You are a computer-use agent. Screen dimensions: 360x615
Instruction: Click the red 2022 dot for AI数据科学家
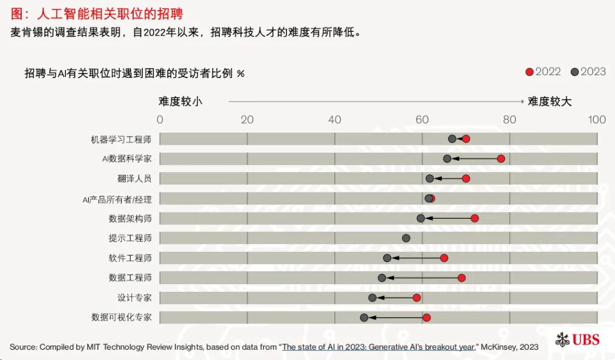coord(501,158)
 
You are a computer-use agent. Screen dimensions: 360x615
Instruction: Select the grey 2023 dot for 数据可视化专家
coord(364,317)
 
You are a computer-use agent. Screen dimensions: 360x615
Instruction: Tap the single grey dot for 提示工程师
coord(406,238)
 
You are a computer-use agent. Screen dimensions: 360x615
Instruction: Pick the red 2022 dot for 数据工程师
coord(461,278)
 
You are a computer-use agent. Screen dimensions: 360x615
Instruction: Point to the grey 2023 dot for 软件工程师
coord(387,258)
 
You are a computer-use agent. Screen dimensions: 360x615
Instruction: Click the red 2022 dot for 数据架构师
coord(474,218)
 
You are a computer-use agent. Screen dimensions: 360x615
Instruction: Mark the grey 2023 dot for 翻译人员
coord(430,178)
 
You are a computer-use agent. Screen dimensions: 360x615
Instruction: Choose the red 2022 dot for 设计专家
coord(417,297)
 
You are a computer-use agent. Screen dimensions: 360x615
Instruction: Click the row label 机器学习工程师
coord(121,139)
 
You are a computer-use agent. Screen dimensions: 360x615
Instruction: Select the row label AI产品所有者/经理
coord(117,199)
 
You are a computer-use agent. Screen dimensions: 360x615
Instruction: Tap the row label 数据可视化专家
coord(121,317)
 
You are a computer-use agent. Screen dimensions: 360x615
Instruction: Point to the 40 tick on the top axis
coord(335,120)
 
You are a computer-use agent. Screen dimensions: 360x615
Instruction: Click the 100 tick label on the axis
coord(597,120)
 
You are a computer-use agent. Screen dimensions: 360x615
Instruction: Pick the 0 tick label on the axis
coord(159,120)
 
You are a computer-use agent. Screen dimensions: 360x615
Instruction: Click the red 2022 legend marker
coord(530,72)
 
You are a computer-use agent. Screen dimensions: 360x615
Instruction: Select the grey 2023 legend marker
coord(575,72)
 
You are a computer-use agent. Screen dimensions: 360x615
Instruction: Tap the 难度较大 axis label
coord(550,101)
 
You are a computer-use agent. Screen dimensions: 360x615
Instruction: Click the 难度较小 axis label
coord(181,101)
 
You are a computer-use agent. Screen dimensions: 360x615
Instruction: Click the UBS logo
coord(577,339)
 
